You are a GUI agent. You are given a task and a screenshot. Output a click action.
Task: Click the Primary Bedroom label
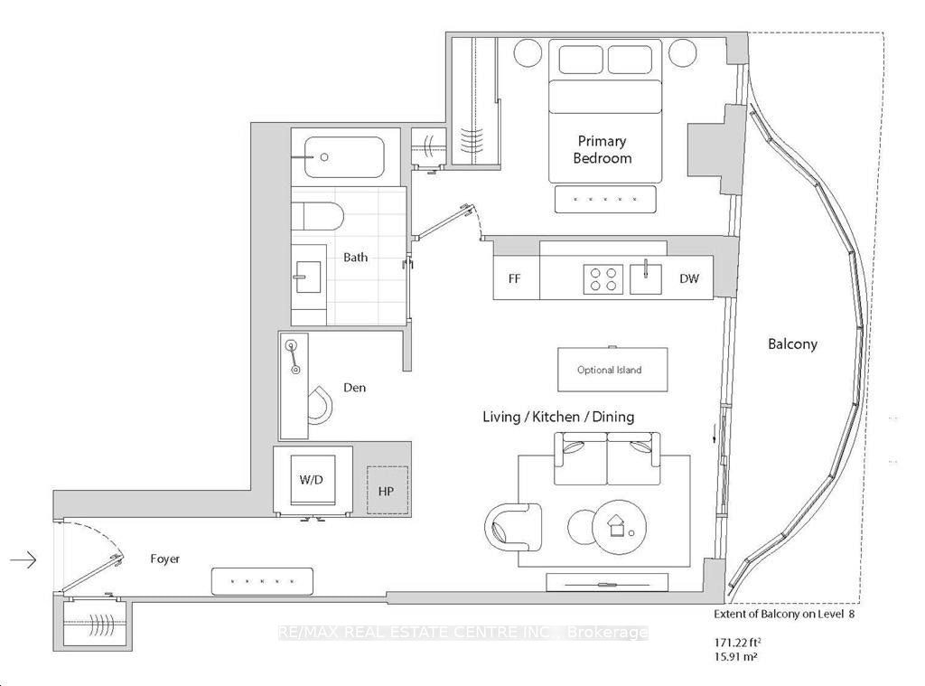tap(602, 149)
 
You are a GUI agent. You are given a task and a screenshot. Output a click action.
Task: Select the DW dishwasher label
tap(688, 278)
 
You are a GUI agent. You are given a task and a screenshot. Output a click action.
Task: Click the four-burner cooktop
tap(603, 279)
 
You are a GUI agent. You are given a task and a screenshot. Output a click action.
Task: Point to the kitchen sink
tap(645, 278)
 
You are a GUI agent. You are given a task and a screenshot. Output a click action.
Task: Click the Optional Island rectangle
tap(612, 370)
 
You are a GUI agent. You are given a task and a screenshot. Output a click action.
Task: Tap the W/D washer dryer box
tap(312, 479)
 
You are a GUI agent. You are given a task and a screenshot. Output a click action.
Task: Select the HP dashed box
tap(387, 490)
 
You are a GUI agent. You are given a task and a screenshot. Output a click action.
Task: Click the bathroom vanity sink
tap(308, 277)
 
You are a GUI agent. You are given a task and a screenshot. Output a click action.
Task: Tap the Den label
tap(354, 387)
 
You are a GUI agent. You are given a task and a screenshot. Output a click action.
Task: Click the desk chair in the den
tap(320, 405)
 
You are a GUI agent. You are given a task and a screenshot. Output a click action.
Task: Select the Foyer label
tap(164, 559)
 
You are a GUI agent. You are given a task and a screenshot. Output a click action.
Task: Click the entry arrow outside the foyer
tap(23, 559)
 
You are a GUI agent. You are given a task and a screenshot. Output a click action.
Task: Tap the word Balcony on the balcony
tap(792, 343)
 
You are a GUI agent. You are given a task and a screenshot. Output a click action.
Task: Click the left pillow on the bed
tap(581, 59)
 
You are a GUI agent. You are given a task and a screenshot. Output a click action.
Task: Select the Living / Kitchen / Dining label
tap(558, 417)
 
